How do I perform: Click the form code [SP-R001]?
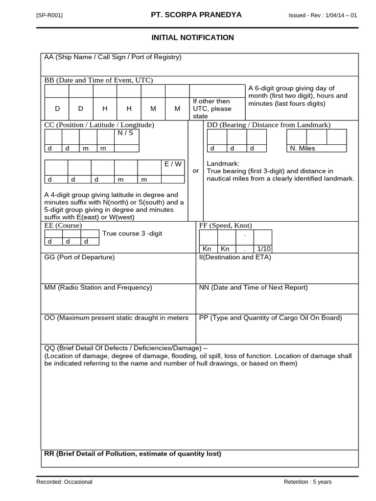pos(49,16)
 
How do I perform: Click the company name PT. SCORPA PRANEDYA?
pos(196,15)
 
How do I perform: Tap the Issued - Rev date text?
pos(323,16)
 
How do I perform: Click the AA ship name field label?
pos(113,57)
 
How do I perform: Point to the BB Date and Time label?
pos(98,80)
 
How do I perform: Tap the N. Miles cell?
pos(303,148)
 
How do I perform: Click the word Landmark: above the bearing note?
pos(223,163)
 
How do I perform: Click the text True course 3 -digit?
pos(132,233)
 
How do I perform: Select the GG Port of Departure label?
pos(79,257)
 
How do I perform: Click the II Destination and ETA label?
pos(235,257)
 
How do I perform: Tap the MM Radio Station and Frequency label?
pos(98,288)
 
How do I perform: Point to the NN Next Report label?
pos(253,288)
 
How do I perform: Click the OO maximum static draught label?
pos(116,318)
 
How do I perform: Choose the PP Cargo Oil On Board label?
pos(270,318)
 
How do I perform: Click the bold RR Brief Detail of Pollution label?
pos(132,454)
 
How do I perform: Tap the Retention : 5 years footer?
pos(307,482)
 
